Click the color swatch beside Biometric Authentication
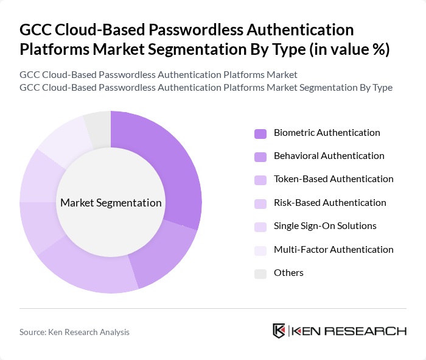point(260,133)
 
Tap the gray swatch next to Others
point(260,274)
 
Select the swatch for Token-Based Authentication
point(260,180)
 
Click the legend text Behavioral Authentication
point(329,156)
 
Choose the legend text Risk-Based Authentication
point(330,203)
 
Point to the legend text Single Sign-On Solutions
point(325,226)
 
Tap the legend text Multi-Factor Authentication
point(333,250)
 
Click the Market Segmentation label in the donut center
point(111,203)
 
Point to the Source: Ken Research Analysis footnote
point(74,332)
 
